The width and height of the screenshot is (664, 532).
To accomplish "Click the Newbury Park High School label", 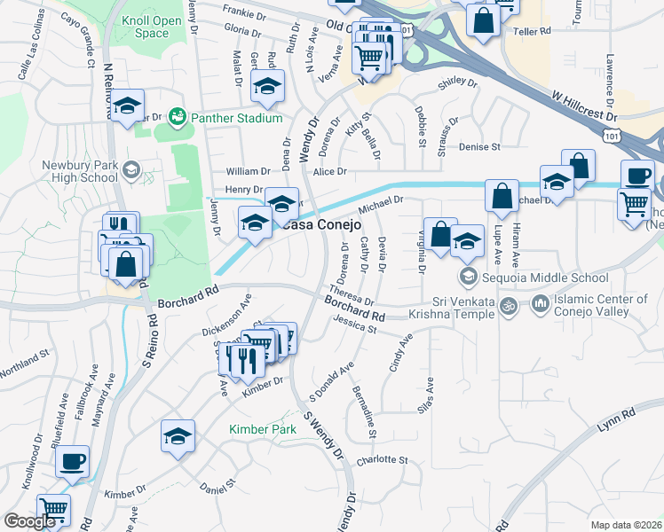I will pyautogui.click(x=80, y=171).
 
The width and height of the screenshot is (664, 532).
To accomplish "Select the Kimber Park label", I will pyautogui.click(x=262, y=429).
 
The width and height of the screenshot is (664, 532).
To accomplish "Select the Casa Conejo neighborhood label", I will pyautogui.click(x=322, y=225).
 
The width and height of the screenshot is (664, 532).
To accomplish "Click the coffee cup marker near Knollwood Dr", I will pyautogui.click(x=73, y=462).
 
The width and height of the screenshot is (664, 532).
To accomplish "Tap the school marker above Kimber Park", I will pyautogui.click(x=178, y=437).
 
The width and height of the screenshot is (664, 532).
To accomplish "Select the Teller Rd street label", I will pyautogui.click(x=533, y=30).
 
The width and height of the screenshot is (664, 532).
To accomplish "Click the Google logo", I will pyautogui.click(x=29, y=521).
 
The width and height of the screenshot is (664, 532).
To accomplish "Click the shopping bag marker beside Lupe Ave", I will pyautogui.click(x=502, y=196).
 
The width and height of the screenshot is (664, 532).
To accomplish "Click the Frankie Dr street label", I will pyautogui.click(x=244, y=15).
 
